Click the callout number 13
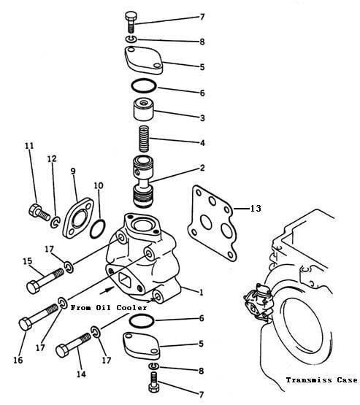click(256, 208)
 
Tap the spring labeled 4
click(144, 139)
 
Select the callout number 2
click(202, 168)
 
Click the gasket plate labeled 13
click(212, 223)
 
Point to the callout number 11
click(29, 146)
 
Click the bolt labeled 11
click(39, 212)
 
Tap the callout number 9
click(73, 171)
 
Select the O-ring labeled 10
click(98, 229)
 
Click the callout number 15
click(28, 261)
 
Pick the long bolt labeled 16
click(39, 317)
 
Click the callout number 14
click(81, 374)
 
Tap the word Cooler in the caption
click(131, 308)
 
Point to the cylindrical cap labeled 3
click(143, 109)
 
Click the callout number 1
click(202, 293)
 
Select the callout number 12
click(52, 158)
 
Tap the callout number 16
click(18, 360)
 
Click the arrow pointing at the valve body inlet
click(107, 290)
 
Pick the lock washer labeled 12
click(55, 223)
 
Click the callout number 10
click(99, 185)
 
